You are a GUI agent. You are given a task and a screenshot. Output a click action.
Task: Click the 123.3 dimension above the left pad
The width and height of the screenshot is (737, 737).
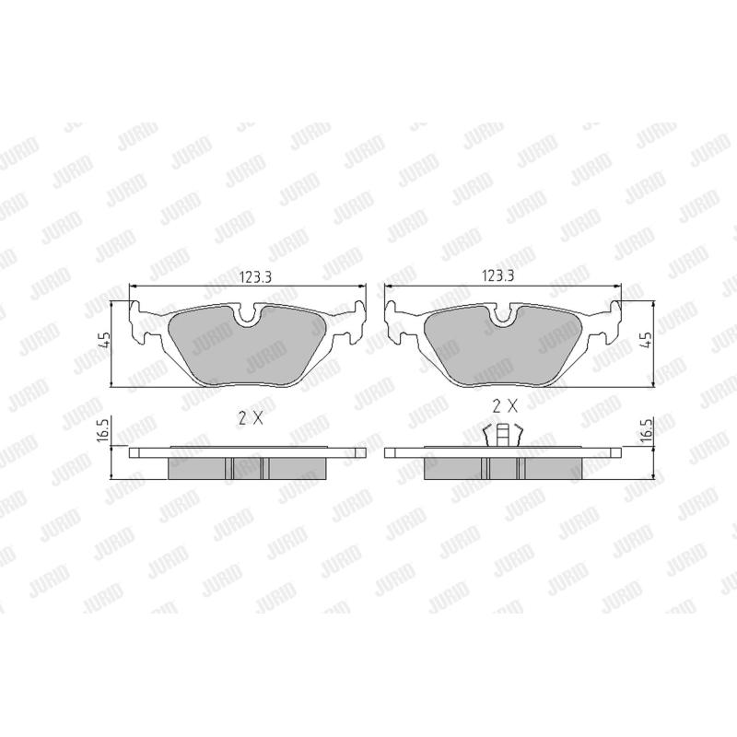pos(256,277)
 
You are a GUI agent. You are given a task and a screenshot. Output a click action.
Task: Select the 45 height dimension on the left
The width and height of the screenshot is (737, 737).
pos(105,340)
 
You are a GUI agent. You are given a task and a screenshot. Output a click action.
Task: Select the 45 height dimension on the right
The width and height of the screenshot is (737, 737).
pos(648,339)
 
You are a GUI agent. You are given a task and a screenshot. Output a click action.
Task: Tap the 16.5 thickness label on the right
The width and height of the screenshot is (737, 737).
pos(648,430)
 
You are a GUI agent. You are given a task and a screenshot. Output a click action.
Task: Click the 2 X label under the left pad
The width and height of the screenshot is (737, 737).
pos(251,418)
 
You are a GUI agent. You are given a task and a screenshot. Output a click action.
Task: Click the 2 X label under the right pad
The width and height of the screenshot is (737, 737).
pos(505,406)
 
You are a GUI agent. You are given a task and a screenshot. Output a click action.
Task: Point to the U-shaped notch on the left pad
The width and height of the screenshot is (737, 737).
pos(248,322)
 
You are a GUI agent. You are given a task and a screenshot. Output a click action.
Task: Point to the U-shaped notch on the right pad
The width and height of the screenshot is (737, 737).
pos(503,322)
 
